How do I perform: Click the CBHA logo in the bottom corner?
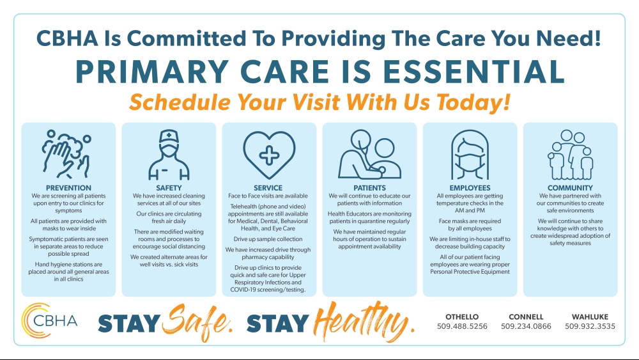tap(49, 320)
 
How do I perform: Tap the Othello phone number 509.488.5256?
tap(462, 326)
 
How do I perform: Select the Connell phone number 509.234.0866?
tap(526, 326)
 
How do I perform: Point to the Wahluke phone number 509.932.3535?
tap(590, 326)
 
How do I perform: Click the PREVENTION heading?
tap(68, 188)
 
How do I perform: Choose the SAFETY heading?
tap(169, 188)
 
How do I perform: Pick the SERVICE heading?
tap(268, 188)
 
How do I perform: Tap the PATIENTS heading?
tap(369, 188)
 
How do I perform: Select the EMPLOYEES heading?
tap(470, 188)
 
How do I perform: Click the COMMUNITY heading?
tap(570, 188)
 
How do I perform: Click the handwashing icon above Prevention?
tap(66, 154)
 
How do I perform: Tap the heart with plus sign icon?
tap(269, 155)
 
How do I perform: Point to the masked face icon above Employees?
tap(470, 155)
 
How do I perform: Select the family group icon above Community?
tap(570, 155)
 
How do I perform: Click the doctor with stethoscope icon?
tap(369, 154)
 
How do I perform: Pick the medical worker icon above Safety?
tap(169, 155)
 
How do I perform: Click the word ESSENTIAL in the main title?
tap(474, 72)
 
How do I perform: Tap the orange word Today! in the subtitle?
tap(473, 102)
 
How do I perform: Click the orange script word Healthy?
tap(364, 320)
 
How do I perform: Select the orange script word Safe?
tap(197, 321)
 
